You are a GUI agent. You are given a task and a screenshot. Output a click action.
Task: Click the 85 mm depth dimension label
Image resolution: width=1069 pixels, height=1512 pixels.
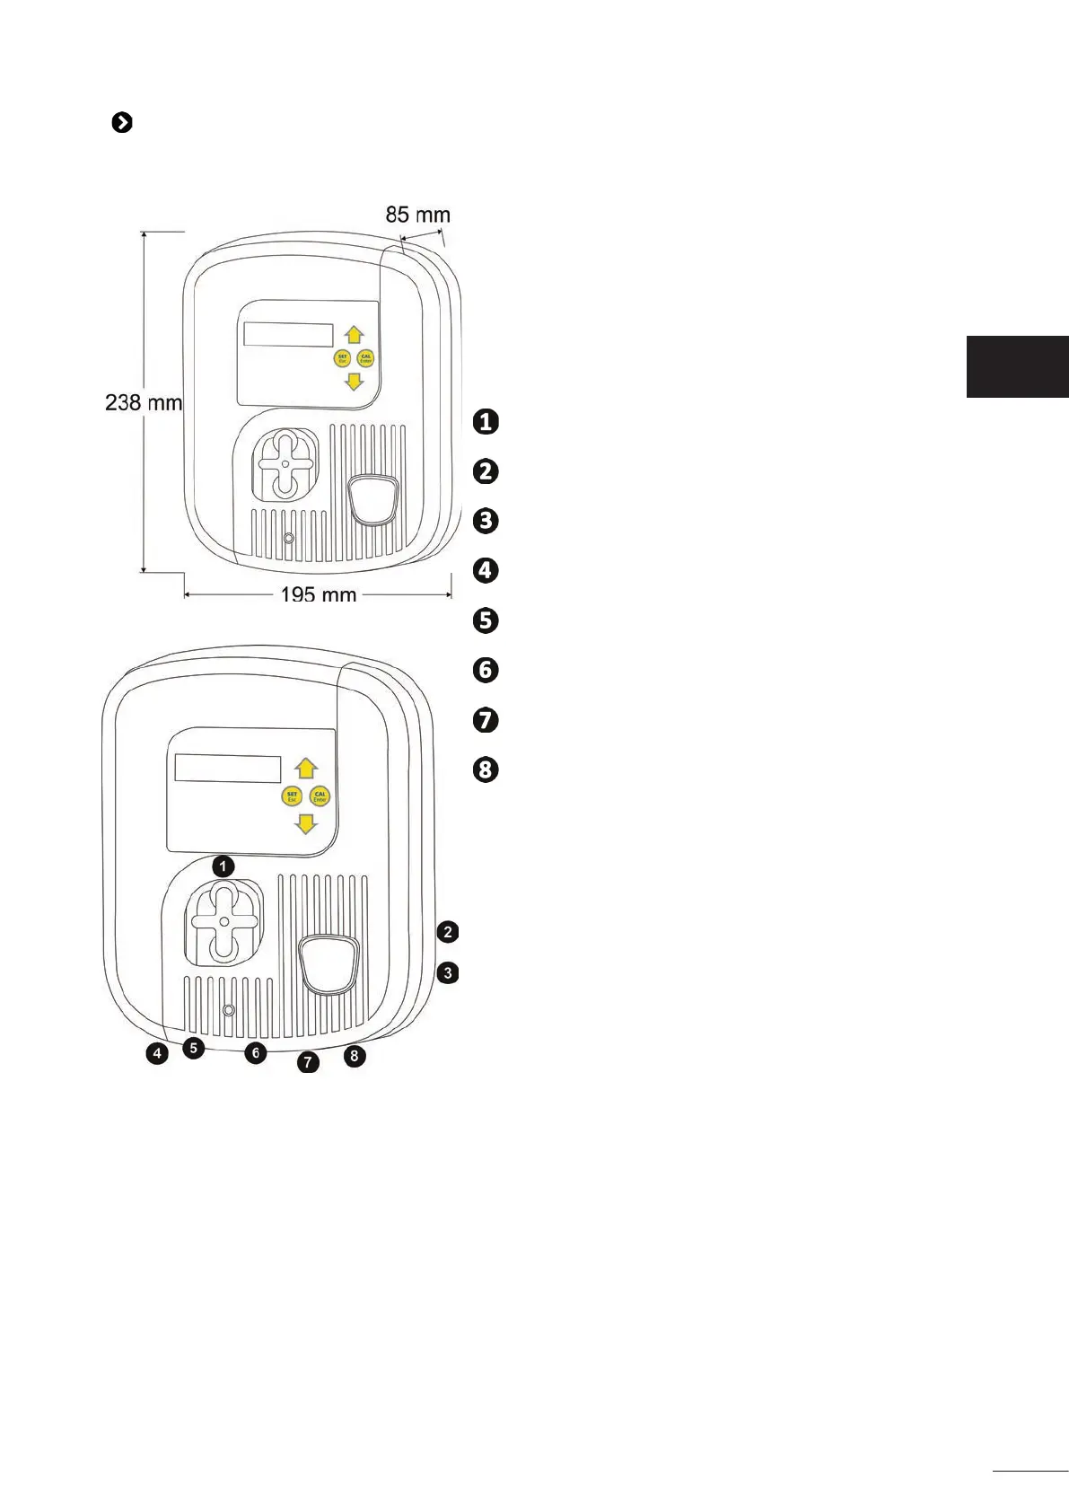(417, 215)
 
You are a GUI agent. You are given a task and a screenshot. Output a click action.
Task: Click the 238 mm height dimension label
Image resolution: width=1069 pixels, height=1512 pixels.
(144, 402)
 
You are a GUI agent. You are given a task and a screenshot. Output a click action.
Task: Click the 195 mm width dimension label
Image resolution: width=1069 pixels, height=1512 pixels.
(318, 594)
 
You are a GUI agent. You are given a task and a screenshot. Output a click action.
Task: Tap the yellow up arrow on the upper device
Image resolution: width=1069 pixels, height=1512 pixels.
(355, 335)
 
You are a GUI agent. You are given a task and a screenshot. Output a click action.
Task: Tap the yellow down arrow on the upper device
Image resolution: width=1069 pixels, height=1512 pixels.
(355, 382)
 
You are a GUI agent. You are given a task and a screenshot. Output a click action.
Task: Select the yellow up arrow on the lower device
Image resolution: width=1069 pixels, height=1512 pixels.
(307, 768)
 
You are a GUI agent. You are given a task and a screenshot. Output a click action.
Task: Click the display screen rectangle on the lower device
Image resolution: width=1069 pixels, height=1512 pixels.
(227, 769)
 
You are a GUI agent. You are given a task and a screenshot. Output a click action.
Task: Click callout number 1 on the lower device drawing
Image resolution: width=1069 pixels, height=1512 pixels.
(223, 866)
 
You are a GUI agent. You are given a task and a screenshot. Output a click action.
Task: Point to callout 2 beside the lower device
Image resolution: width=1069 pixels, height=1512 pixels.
(448, 932)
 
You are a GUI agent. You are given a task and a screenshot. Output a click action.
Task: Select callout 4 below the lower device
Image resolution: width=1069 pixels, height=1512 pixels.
(157, 1054)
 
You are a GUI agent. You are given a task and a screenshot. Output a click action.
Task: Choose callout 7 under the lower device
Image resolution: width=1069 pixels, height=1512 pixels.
(308, 1063)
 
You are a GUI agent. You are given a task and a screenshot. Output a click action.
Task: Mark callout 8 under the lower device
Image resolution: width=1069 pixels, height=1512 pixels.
(355, 1056)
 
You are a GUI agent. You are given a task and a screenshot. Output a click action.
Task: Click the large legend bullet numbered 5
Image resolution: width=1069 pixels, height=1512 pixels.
(485, 620)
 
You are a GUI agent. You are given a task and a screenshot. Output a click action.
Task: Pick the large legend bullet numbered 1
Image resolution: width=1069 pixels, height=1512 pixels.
(485, 421)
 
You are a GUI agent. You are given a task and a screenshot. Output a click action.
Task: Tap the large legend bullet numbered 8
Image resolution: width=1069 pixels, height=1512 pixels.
(485, 770)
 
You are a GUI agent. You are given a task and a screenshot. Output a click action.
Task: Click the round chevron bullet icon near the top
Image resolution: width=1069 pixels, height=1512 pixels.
(122, 123)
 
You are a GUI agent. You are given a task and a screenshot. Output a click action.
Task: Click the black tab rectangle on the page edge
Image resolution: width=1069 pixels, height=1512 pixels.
(1017, 366)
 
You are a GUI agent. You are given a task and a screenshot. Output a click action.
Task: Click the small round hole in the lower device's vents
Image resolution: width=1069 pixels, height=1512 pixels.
(228, 1010)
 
